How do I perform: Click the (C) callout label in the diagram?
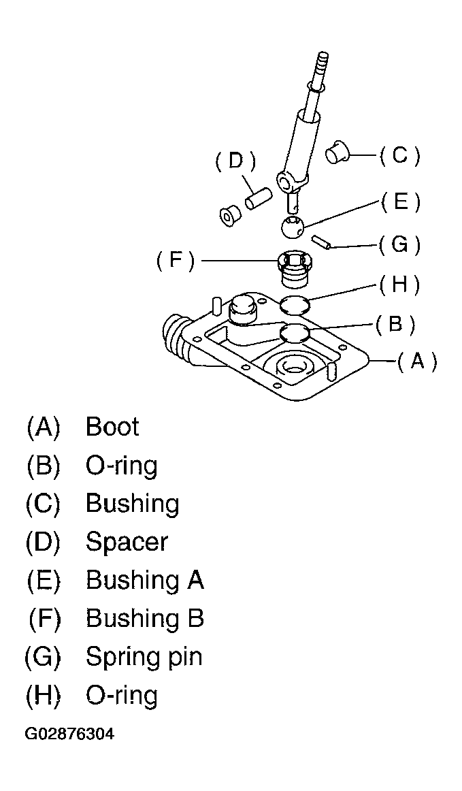pyautogui.click(x=399, y=156)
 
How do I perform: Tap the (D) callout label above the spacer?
pyautogui.click(x=235, y=162)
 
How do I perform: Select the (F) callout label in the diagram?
pyautogui.click(x=175, y=262)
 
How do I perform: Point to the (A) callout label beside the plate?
pyautogui.click(x=416, y=361)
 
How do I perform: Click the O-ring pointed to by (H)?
pyautogui.click(x=294, y=304)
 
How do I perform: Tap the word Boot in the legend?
pyautogui.click(x=112, y=427)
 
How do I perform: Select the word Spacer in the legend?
pyautogui.click(x=127, y=542)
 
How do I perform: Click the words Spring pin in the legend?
pyautogui.click(x=144, y=657)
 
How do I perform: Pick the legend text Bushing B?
pyautogui.click(x=145, y=619)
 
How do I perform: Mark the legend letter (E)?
pyautogui.click(x=43, y=580)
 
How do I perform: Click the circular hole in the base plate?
pyautogui.click(x=293, y=365)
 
